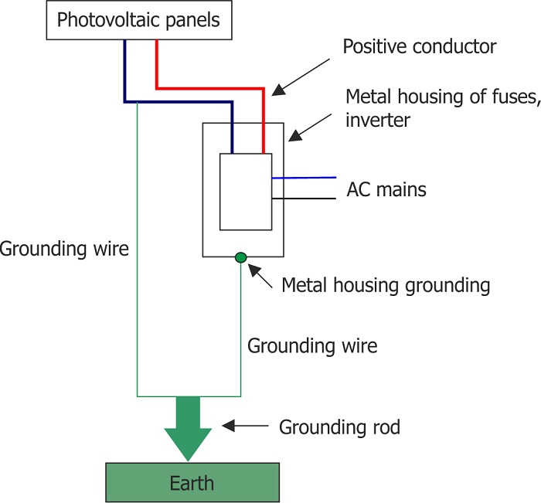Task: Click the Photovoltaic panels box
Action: coord(139,20)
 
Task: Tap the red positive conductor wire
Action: coord(209,89)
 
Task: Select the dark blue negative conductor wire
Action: coord(178,102)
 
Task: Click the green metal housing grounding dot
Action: coord(240,257)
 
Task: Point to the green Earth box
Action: coord(192,482)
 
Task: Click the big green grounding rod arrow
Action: coord(188,429)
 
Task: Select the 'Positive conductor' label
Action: coord(419,46)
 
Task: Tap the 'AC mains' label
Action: coord(386,189)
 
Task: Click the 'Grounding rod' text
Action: coord(339,427)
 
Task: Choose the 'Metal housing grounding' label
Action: coord(386,286)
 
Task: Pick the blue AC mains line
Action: coord(304,178)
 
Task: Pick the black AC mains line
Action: coord(304,199)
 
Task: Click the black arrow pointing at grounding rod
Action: coord(245,426)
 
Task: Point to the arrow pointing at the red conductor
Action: coord(301,77)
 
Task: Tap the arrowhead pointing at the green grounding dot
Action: coord(253,270)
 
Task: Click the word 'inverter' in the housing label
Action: coord(378,120)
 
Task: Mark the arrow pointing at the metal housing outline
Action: coord(310,127)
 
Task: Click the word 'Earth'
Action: coord(192,483)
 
